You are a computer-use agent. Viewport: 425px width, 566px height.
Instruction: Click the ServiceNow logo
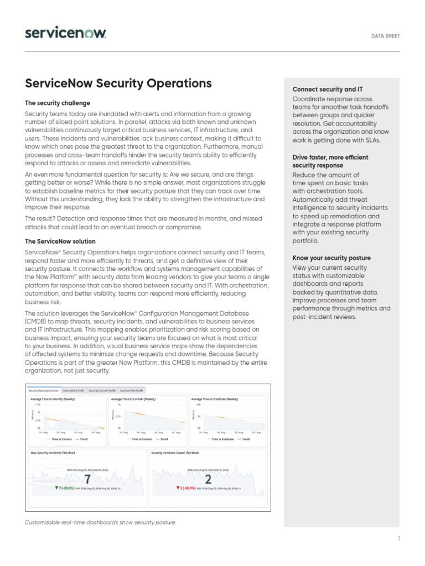click(65, 33)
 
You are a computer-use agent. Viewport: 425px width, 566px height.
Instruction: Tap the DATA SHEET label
click(385, 36)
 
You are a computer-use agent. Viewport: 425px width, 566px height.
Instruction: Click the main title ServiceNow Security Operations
click(118, 83)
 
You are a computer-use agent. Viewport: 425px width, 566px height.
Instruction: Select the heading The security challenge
click(58, 103)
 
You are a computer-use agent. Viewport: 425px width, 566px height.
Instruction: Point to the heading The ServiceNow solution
click(60, 242)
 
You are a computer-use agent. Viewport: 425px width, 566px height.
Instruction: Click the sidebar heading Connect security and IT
click(328, 90)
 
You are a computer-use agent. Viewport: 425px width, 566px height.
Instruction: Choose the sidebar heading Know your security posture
click(331, 258)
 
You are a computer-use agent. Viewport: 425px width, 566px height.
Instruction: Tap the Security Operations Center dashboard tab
click(44, 390)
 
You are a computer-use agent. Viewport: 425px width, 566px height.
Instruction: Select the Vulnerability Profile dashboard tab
click(74, 390)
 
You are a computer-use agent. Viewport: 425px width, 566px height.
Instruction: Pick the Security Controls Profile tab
click(102, 390)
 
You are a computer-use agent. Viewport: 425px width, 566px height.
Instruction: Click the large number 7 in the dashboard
click(87, 479)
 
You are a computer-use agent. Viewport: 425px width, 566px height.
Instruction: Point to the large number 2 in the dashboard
click(208, 479)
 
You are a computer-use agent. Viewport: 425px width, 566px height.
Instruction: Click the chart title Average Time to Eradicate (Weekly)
click(214, 399)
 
